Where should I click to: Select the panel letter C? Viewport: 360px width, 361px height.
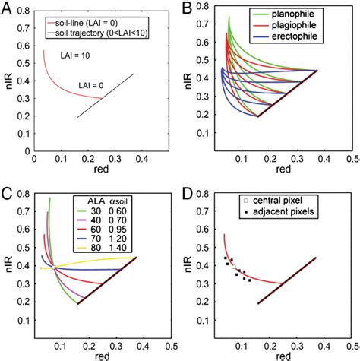pos(6,190)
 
